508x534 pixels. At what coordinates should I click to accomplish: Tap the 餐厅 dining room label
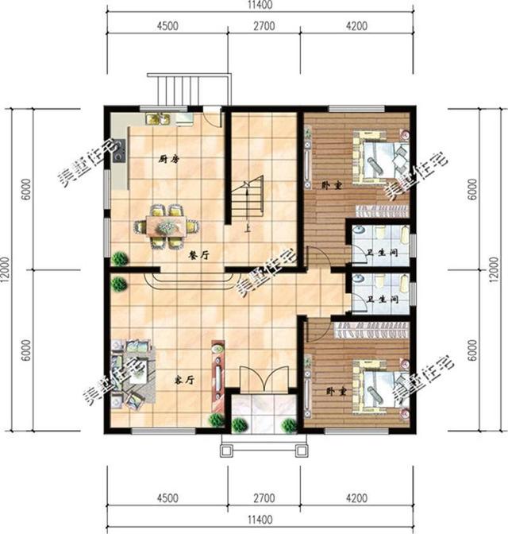tap(198, 255)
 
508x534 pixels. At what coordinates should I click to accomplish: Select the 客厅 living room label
tap(184, 379)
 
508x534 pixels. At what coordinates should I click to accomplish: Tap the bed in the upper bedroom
tap(382, 160)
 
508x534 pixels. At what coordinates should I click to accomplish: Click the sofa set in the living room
tap(132, 372)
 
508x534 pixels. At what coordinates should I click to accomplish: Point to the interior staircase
tap(248, 202)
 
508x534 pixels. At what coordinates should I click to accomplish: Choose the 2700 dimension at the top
tap(262, 25)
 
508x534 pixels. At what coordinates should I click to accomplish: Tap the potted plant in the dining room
tap(120, 257)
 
